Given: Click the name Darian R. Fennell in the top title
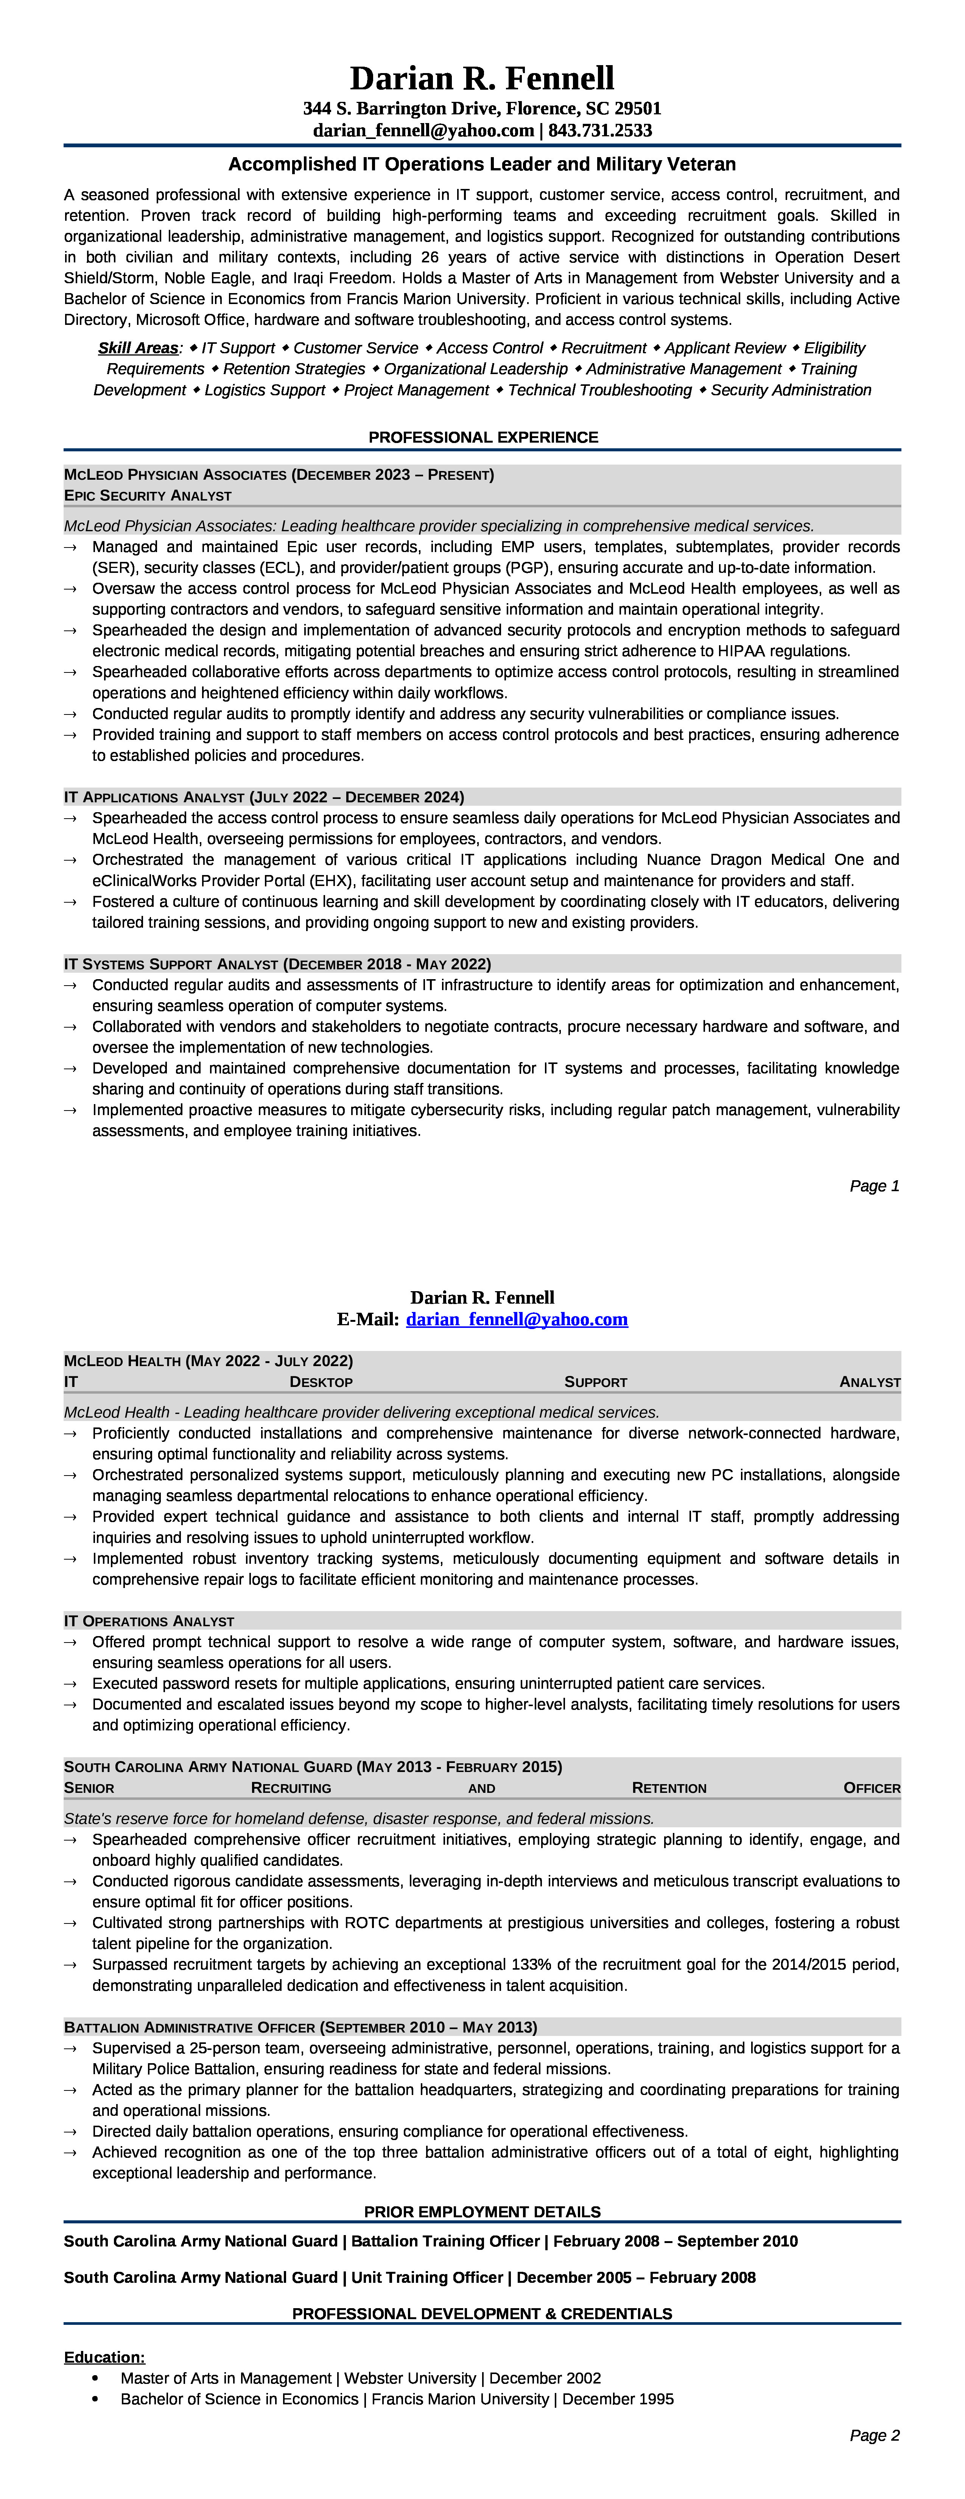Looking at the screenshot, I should click(482, 78).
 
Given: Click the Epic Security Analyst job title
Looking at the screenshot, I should click(148, 496).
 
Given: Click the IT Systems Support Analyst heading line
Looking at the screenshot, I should click(277, 964).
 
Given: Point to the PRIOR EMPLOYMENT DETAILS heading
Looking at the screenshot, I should click(482, 2212).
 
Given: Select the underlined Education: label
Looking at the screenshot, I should click(105, 2357).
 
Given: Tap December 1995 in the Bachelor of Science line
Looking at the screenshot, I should click(618, 2399).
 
